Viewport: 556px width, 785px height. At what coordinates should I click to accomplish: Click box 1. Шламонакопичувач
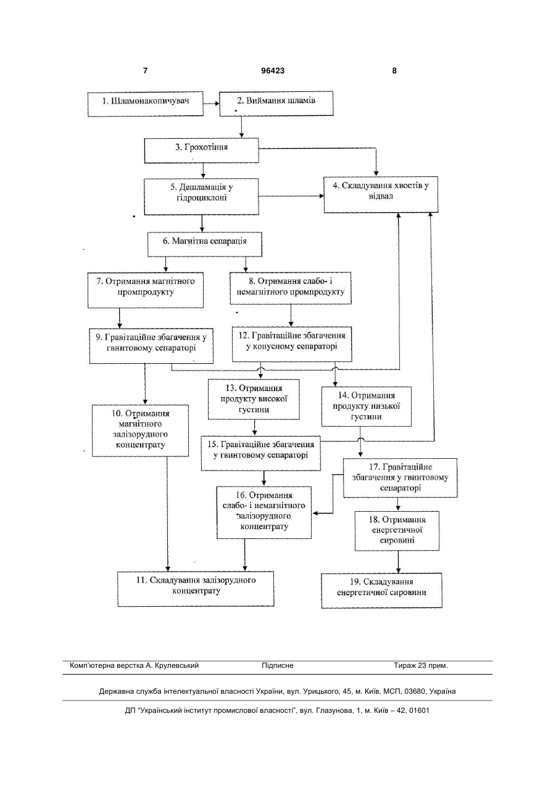point(145,104)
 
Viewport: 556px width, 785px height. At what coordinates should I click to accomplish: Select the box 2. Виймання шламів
point(276,104)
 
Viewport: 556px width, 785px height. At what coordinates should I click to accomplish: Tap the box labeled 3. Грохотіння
point(201,150)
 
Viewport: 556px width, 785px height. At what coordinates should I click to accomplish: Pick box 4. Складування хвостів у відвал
point(381,194)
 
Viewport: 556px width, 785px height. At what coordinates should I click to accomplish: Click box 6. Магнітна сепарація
point(204,244)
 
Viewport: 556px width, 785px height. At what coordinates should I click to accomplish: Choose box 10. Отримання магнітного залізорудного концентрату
point(140,430)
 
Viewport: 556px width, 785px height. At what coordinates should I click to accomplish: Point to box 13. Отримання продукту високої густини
point(254,399)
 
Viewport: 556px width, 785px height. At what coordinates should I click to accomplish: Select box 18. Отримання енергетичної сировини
point(397,531)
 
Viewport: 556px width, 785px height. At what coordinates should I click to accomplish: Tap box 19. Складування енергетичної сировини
point(381,591)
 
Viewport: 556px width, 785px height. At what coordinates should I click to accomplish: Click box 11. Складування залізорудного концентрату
point(196,589)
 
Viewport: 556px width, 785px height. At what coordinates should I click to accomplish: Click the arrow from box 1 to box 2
point(212,104)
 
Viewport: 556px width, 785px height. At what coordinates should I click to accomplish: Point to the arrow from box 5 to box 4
point(291,196)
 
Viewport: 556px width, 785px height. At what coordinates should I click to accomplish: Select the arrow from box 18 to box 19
point(398,562)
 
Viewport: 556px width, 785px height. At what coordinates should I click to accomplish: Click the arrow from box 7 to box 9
point(120,318)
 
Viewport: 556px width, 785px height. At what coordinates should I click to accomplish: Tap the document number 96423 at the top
point(273,71)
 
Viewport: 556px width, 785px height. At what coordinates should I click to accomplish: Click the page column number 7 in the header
point(145,71)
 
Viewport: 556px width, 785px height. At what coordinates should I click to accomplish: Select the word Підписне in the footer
point(278,665)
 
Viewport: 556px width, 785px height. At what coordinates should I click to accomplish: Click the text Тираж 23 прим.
point(421,665)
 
